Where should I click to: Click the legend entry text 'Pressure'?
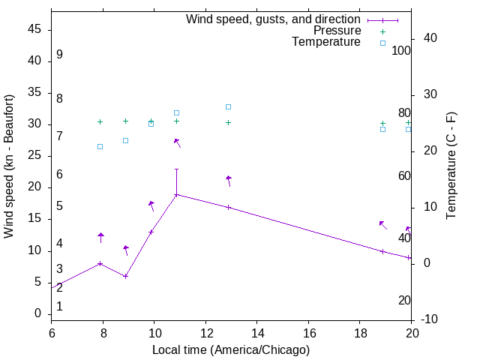click(x=337, y=31)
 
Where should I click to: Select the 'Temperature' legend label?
click(x=326, y=42)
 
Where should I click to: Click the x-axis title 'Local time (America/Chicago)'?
click(x=231, y=350)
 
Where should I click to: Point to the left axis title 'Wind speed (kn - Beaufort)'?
click(x=9, y=166)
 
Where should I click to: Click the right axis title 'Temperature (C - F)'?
click(x=451, y=166)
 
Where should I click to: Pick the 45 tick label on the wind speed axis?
click(x=34, y=29)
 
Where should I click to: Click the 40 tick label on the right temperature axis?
click(x=430, y=38)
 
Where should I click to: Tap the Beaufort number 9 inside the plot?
click(x=59, y=55)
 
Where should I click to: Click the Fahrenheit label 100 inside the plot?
click(x=401, y=51)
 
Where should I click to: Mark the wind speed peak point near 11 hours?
click(x=176, y=195)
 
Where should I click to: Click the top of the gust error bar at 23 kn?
click(x=176, y=169)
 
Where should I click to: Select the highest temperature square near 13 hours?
click(x=228, y=106)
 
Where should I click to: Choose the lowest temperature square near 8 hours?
click(x=100, y=146)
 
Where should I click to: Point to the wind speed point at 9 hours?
click(x=126, y=276)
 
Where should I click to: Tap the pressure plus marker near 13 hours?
click(x=228, y=122)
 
